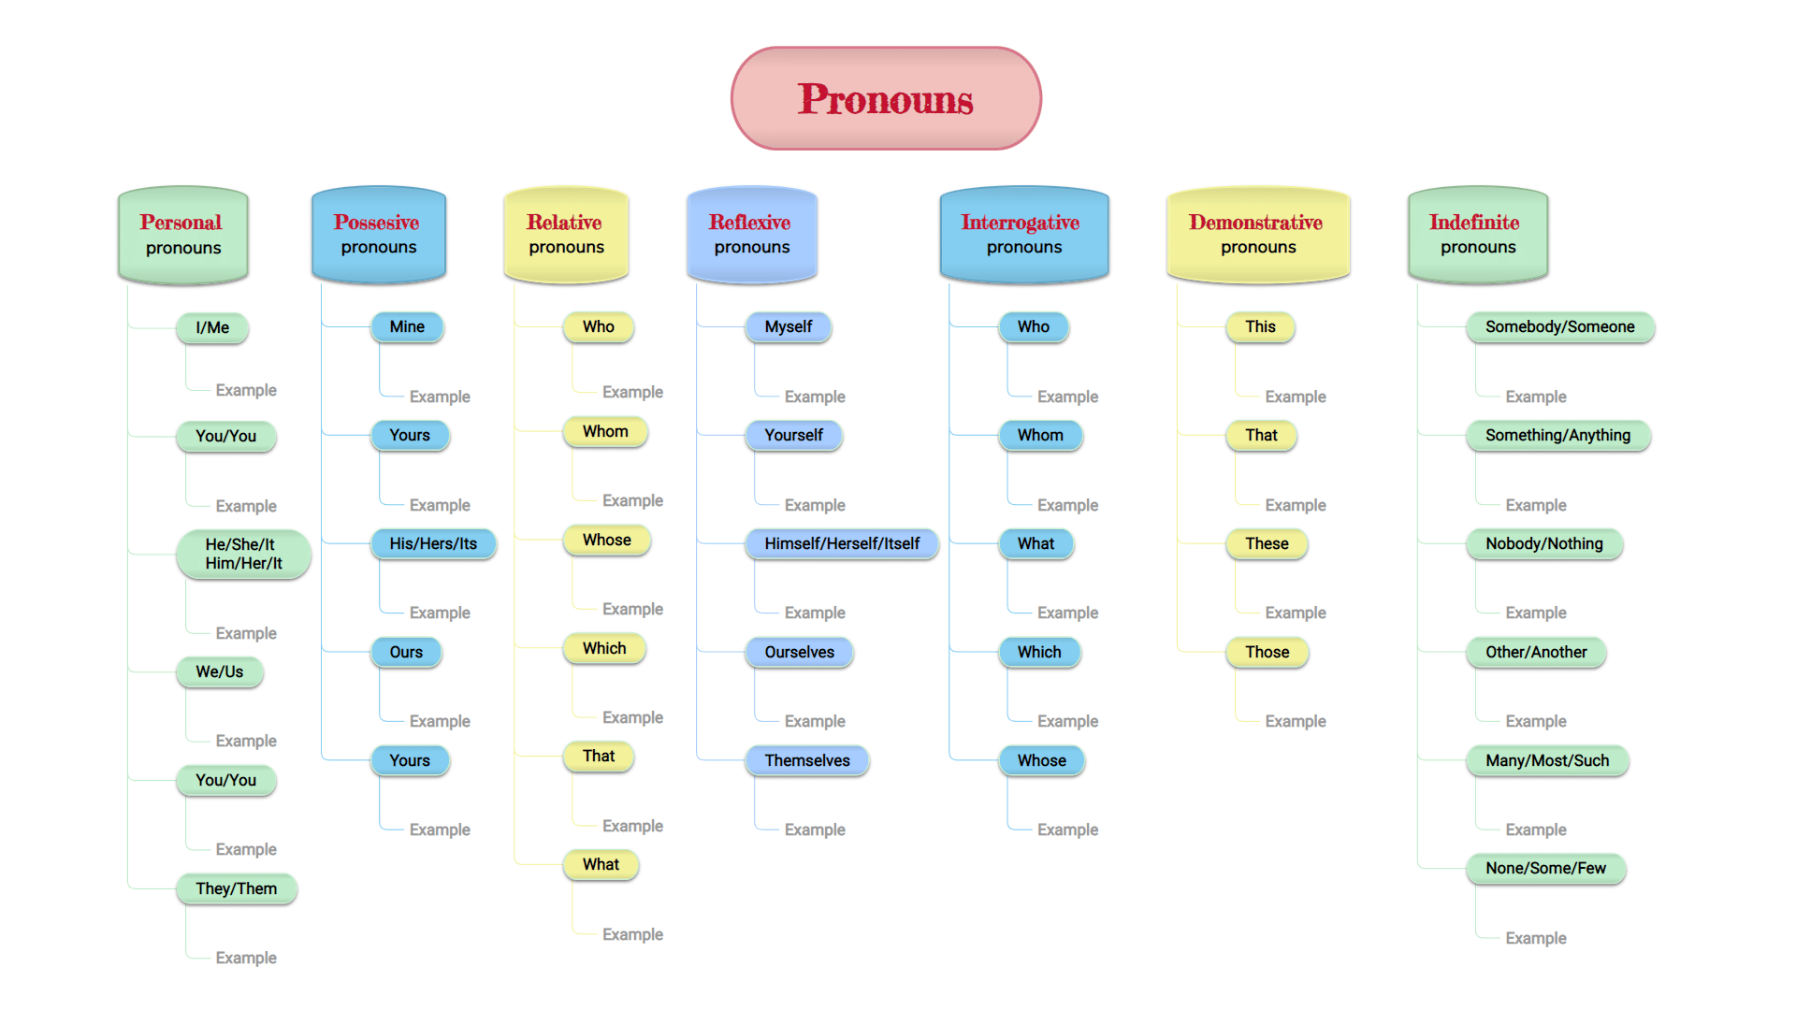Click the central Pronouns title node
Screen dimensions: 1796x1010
point(886,98)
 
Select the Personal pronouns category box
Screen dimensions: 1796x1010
point(183,235)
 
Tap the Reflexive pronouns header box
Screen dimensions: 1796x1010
point(752,235)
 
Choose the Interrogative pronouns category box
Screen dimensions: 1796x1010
point(1024,235)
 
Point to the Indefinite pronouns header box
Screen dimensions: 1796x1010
point(1478,235)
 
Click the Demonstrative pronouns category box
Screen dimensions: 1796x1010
point(1258,235)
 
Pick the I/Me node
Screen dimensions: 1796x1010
point(212,328)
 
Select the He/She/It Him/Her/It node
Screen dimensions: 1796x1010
point(243,555)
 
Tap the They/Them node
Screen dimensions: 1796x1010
point(237,889)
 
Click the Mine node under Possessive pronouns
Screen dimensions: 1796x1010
point(407,327)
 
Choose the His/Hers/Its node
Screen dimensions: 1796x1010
point(433,544)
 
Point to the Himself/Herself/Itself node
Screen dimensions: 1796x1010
point(842,544)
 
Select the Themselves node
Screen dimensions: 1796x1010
point(807,761)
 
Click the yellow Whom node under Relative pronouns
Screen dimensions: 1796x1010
point(605,432)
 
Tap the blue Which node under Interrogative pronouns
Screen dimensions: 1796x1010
point(1039,653)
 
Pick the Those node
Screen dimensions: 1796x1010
point(1267,653)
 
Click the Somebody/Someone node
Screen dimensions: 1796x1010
point(1560,327)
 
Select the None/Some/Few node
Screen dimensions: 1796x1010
point(1546,869)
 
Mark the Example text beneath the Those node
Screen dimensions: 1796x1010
point(1296,721)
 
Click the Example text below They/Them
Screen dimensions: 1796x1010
point(246,958)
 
